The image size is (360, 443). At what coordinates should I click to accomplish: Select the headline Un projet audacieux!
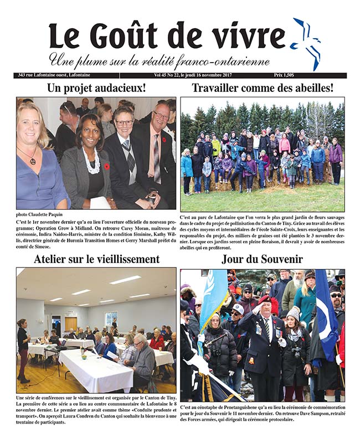(96, 88)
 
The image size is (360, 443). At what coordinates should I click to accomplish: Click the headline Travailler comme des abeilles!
(262, 88)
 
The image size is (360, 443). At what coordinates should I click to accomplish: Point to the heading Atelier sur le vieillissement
(96, 259)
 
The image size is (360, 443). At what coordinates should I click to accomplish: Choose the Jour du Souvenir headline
(262, 259)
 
